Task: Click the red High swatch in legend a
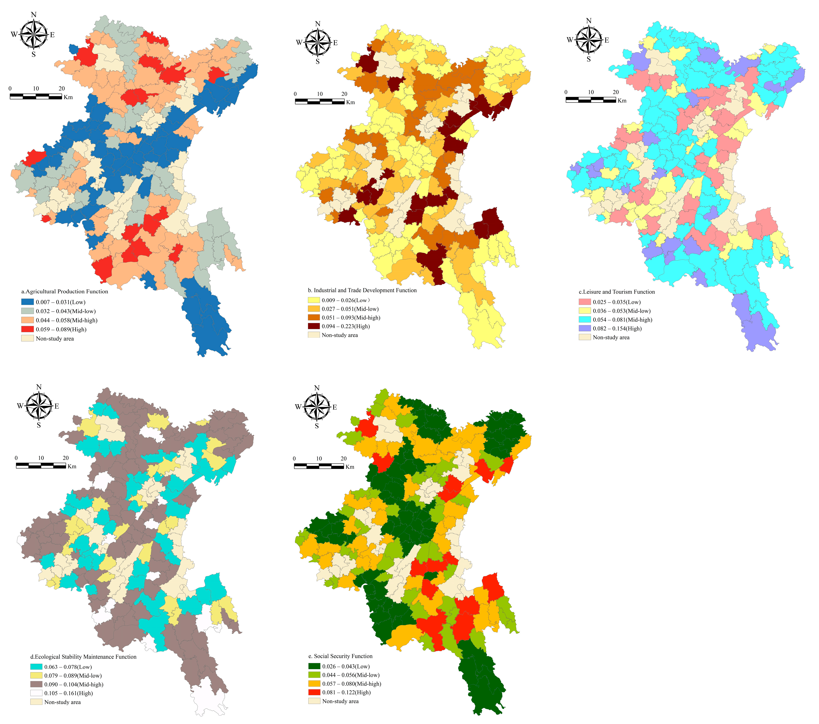click(27, 329)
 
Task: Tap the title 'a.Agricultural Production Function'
click(64, 291)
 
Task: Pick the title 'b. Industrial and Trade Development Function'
click(362, 290)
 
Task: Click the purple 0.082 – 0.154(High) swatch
click(585, 328)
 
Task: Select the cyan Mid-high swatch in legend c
click(585, 319)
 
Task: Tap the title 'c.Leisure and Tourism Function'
click(617, 292)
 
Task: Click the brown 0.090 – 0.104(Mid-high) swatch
click(36, 684)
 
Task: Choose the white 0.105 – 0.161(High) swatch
click(36, 693)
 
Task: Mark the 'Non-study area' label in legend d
click(62, 702)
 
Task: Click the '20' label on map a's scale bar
click(61, 89)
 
